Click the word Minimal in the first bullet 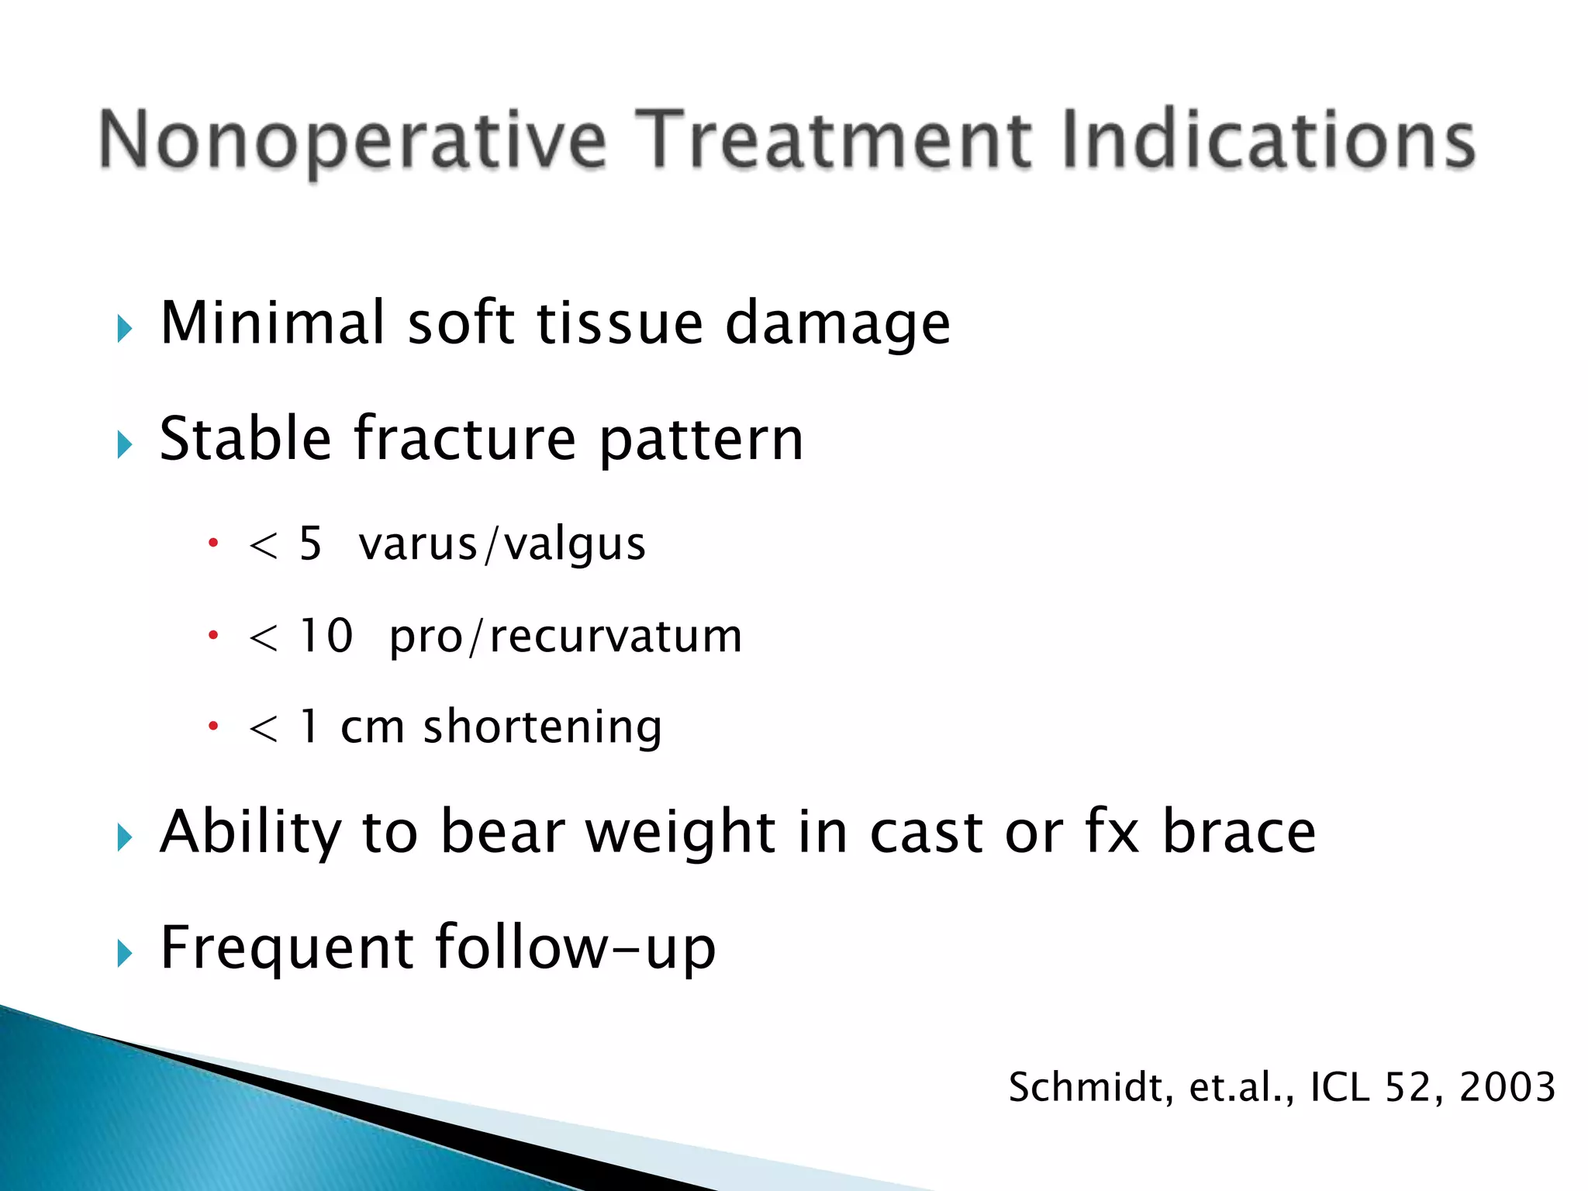pos(272,323)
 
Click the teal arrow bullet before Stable pos(125,445)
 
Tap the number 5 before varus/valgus pos(310,544)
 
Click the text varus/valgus pos(502,544)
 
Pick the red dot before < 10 pos(213,636)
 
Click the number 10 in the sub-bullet pos(326,636)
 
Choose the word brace pos(1238,831)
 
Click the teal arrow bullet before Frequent pos(125,953)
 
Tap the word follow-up pos(575,948)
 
